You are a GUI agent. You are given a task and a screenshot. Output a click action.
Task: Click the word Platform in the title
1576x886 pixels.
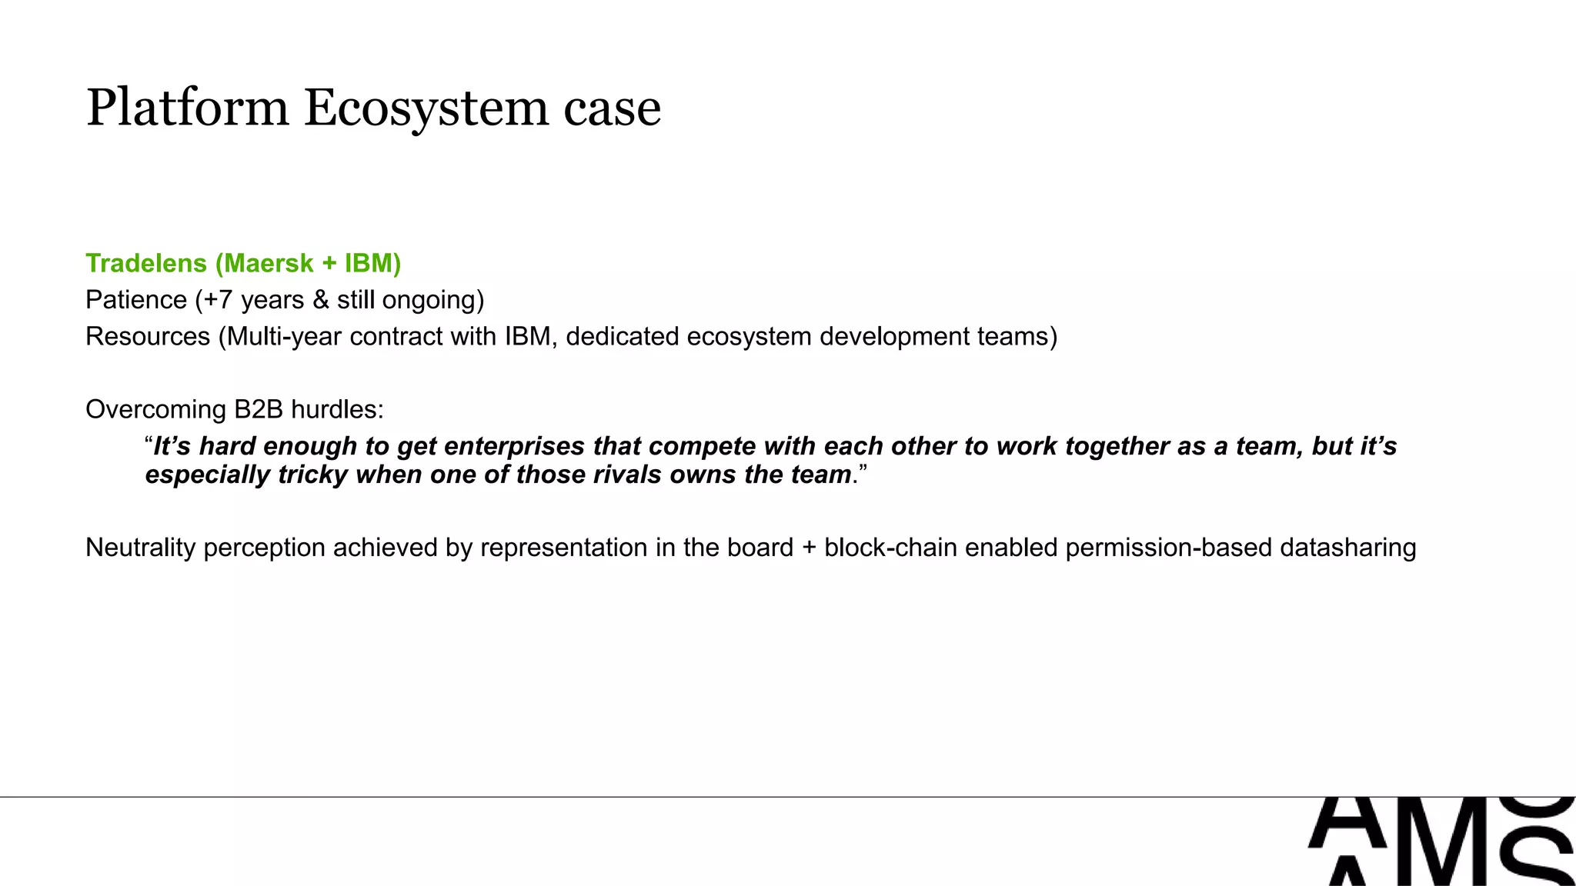tap(187, 108)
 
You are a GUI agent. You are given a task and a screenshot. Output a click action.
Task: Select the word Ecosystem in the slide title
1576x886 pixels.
tap(426, 108)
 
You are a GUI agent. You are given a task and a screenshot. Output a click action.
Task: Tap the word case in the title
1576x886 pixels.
tap(612, 109)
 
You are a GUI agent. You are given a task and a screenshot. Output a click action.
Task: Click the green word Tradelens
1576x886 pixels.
tap(146, 263)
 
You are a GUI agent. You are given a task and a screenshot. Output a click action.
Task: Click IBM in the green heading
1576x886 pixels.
tap(369, 263)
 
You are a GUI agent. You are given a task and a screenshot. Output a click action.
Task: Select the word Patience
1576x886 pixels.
tap(136, 299)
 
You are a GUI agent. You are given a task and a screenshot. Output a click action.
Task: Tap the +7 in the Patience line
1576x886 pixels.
tap(218, 299)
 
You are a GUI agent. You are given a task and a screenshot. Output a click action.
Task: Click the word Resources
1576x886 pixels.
tap(148, 336)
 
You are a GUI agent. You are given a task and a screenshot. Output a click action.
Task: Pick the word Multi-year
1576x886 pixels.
tap(284, 336)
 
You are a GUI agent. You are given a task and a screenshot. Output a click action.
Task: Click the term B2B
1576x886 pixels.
tap(259, 409)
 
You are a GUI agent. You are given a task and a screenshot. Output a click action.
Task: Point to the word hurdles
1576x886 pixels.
tap(336, 409)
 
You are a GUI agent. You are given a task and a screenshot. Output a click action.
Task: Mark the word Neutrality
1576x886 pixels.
tap(141, 548)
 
